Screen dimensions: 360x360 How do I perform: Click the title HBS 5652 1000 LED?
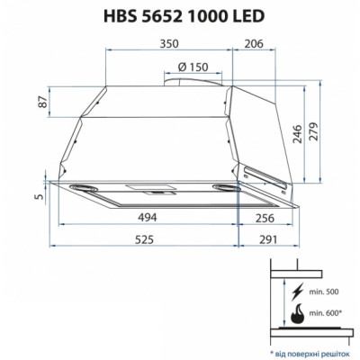click(179, 14)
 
